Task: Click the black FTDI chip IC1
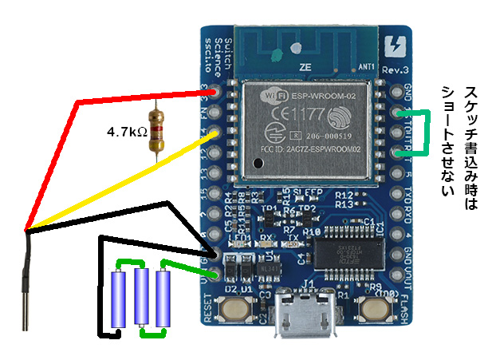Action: click(340, 254)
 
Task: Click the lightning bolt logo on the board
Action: click(392, 48)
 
